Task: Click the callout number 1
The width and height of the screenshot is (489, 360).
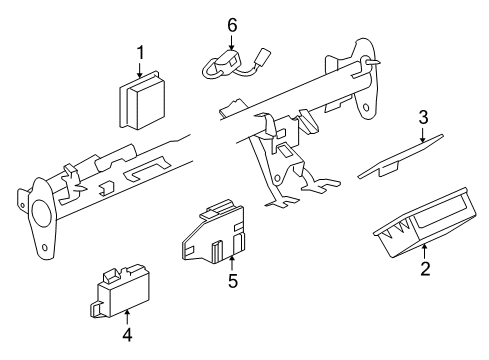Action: click(x=141, y=51)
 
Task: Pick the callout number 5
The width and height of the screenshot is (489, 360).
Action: click(x=232, y=282)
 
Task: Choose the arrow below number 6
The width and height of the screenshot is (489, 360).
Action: click(x=232, y=44)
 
